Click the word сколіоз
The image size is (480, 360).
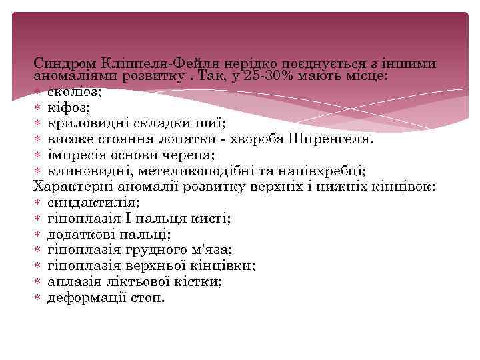point(74,92)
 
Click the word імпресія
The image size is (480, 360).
point(77,155)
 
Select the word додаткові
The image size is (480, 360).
point(81,234)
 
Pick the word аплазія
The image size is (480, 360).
point(71,282)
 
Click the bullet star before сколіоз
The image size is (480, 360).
point(38,92)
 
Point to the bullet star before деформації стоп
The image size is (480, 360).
point(38,298)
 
